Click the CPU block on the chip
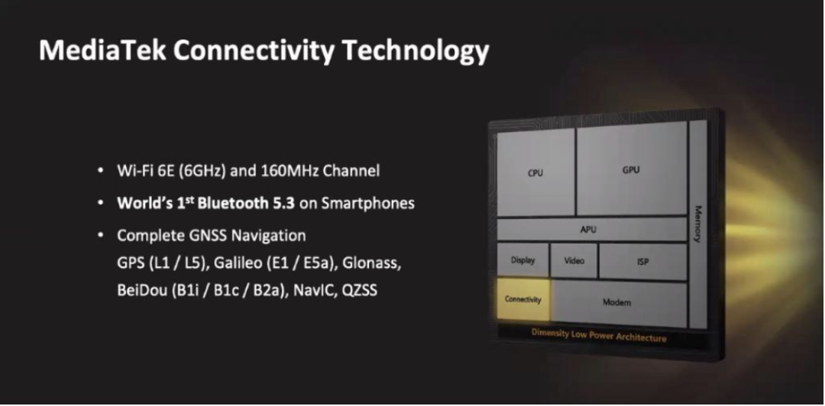pos(535,173)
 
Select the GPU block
pos(632,170)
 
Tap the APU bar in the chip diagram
pos(591,230)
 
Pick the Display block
pos(522,260)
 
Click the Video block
pos(574,260)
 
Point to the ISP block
pos(643,261)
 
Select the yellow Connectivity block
pos(523,300)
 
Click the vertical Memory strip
pos(698,224)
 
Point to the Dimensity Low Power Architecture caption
pos(599,336)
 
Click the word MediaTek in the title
pos(102,51)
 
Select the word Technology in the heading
pos(416,52)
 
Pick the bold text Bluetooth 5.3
pos(246,203)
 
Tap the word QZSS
pos(360,290)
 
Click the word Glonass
pos(372,263)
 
